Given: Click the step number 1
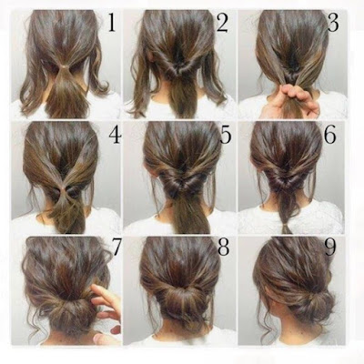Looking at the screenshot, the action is click(112, 23).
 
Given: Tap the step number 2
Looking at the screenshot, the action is click(222, 23).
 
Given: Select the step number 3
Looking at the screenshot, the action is click(333, 23).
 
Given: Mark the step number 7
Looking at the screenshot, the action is click(116, 247).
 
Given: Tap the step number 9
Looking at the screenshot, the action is click(330, 247).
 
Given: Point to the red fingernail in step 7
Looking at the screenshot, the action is click(116, 329).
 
